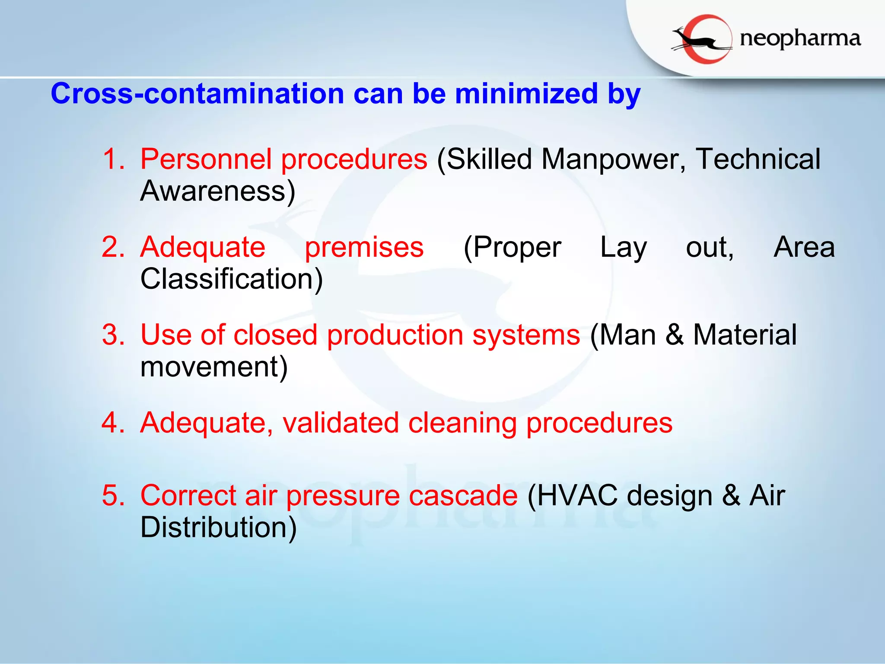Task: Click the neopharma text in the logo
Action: (x=800, y=39)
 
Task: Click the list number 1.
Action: (x=113, y=159)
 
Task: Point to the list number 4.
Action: (x=113, y=423)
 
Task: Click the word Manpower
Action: (x=614, y=159)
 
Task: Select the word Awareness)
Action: (x=218, y=191)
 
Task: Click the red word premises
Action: (x=364, y=247)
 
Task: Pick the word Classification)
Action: (x=232, y=279)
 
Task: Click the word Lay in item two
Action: (x=623, y=247)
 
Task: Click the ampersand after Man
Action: (x=675, y=335)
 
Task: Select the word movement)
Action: (x=214, y=367)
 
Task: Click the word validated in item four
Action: (x=341, y=423)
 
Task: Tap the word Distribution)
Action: (x=219, y=527)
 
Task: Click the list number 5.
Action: (x=113, y=495)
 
